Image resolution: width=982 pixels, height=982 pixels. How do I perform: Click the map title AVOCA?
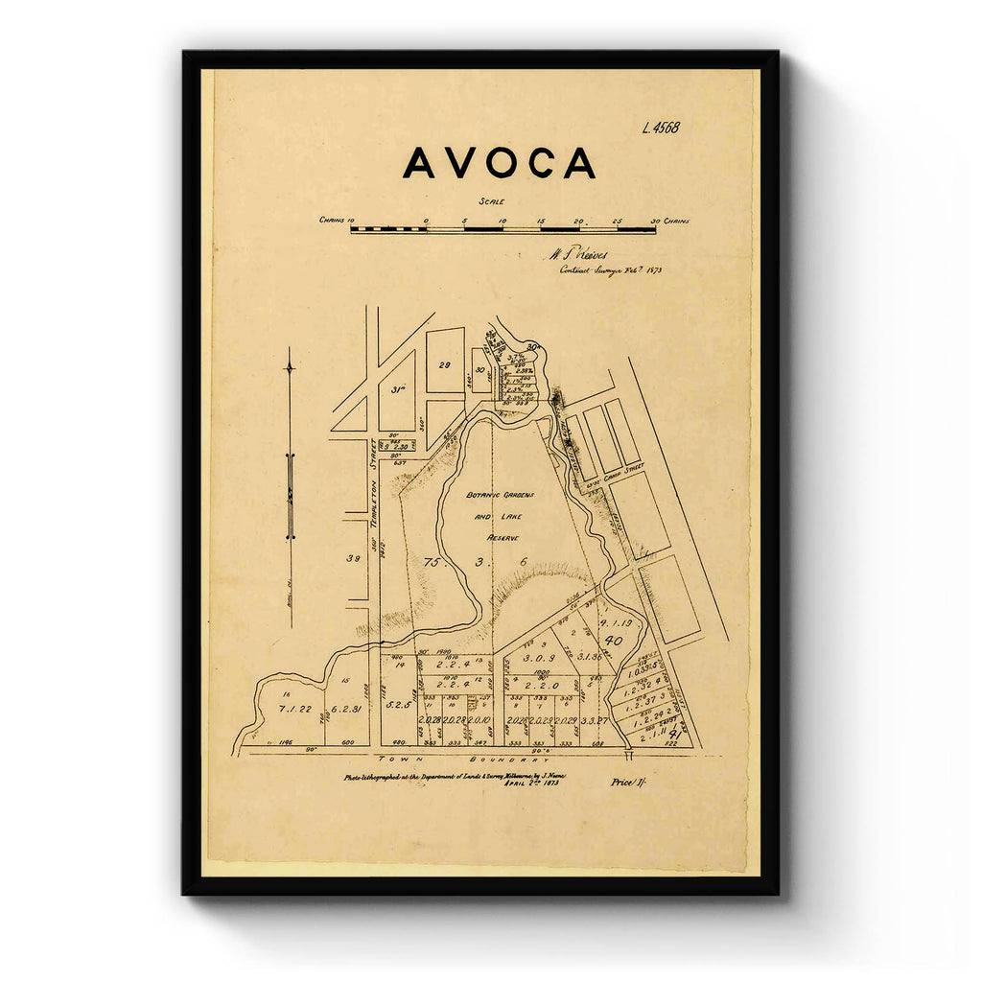point(499,163)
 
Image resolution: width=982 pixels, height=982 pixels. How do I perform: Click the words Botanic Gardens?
point(500,495)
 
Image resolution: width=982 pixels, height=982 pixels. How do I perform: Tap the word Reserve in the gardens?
point(503,538)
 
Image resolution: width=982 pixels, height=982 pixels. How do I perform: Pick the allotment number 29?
point(445,365)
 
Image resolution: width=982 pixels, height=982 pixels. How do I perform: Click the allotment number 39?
point(353,559)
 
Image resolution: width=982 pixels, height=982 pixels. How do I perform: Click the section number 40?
point(615,640)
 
